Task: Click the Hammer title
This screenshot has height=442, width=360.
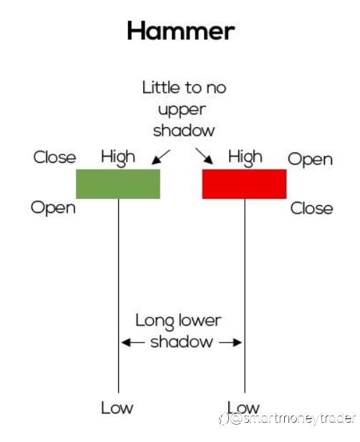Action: tap(181, 31)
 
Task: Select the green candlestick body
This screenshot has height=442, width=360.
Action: tap(118, 184)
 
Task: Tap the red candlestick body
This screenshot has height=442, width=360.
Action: tap(244, 184)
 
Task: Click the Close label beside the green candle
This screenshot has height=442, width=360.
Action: tap(54, 157)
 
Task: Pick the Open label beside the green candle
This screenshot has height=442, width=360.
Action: tap(54, 208)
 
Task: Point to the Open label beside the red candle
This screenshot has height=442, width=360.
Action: tap(311, 159)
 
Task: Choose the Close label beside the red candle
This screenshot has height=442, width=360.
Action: tap(312, 209)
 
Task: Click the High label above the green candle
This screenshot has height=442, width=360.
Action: tap(118, 157)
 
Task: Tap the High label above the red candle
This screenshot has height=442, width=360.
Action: tap(245, 157)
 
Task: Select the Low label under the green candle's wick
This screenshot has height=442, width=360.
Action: tap(117, 408)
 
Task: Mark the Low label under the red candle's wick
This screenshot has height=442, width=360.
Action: tap(243, 408)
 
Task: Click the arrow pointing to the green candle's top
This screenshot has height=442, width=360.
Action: tap(161, 157)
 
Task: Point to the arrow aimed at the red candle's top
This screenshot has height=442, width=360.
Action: tap(204, 156)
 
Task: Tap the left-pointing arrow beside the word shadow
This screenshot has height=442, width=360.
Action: tap(133, 343)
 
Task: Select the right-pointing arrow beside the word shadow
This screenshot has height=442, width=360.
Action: tap(230, 343)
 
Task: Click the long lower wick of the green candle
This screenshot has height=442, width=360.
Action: tap(119, 295)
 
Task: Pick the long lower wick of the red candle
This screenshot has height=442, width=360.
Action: tap(245, 295)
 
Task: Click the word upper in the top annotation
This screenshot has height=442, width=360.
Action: tap(182, 110)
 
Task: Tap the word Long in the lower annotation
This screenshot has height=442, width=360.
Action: tap(155, 321)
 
